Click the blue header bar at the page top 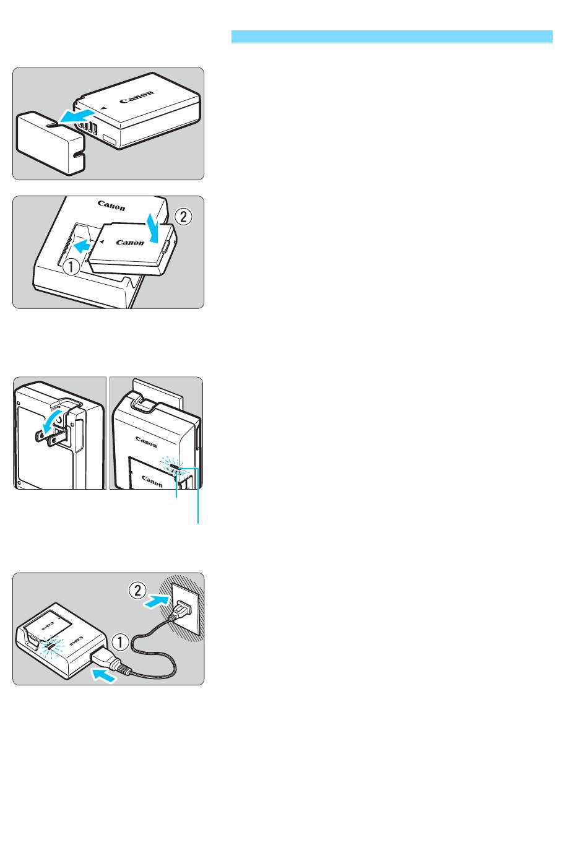pos(392,37)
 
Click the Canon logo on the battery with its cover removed pos(137,97)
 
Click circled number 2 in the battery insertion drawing pos(183,217)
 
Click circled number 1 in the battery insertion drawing pos(71,267)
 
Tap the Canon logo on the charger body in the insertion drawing pos(111,206)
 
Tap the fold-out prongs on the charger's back pos(53,437)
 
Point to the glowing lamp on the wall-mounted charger pos(175,466)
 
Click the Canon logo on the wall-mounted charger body pos(146,441)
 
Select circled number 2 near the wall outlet pos(137,590)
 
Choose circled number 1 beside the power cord pos(121,642)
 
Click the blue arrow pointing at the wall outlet pos(156,601)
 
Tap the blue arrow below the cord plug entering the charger pos(103,675)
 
